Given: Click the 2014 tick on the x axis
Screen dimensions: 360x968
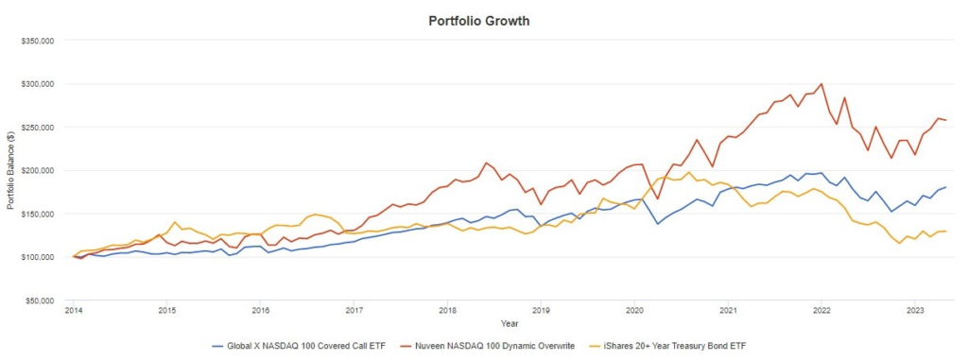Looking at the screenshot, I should tap(73, 309).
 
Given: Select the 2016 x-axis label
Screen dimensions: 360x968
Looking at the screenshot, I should tap(260, 309).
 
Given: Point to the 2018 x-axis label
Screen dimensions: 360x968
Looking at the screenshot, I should tap(447, 309).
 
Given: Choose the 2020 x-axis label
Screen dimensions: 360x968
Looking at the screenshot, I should tap(634, 309).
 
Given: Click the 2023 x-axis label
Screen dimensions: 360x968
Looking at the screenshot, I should tap(915, 309).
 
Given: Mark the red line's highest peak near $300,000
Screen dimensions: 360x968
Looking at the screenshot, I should tap(821, 84).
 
